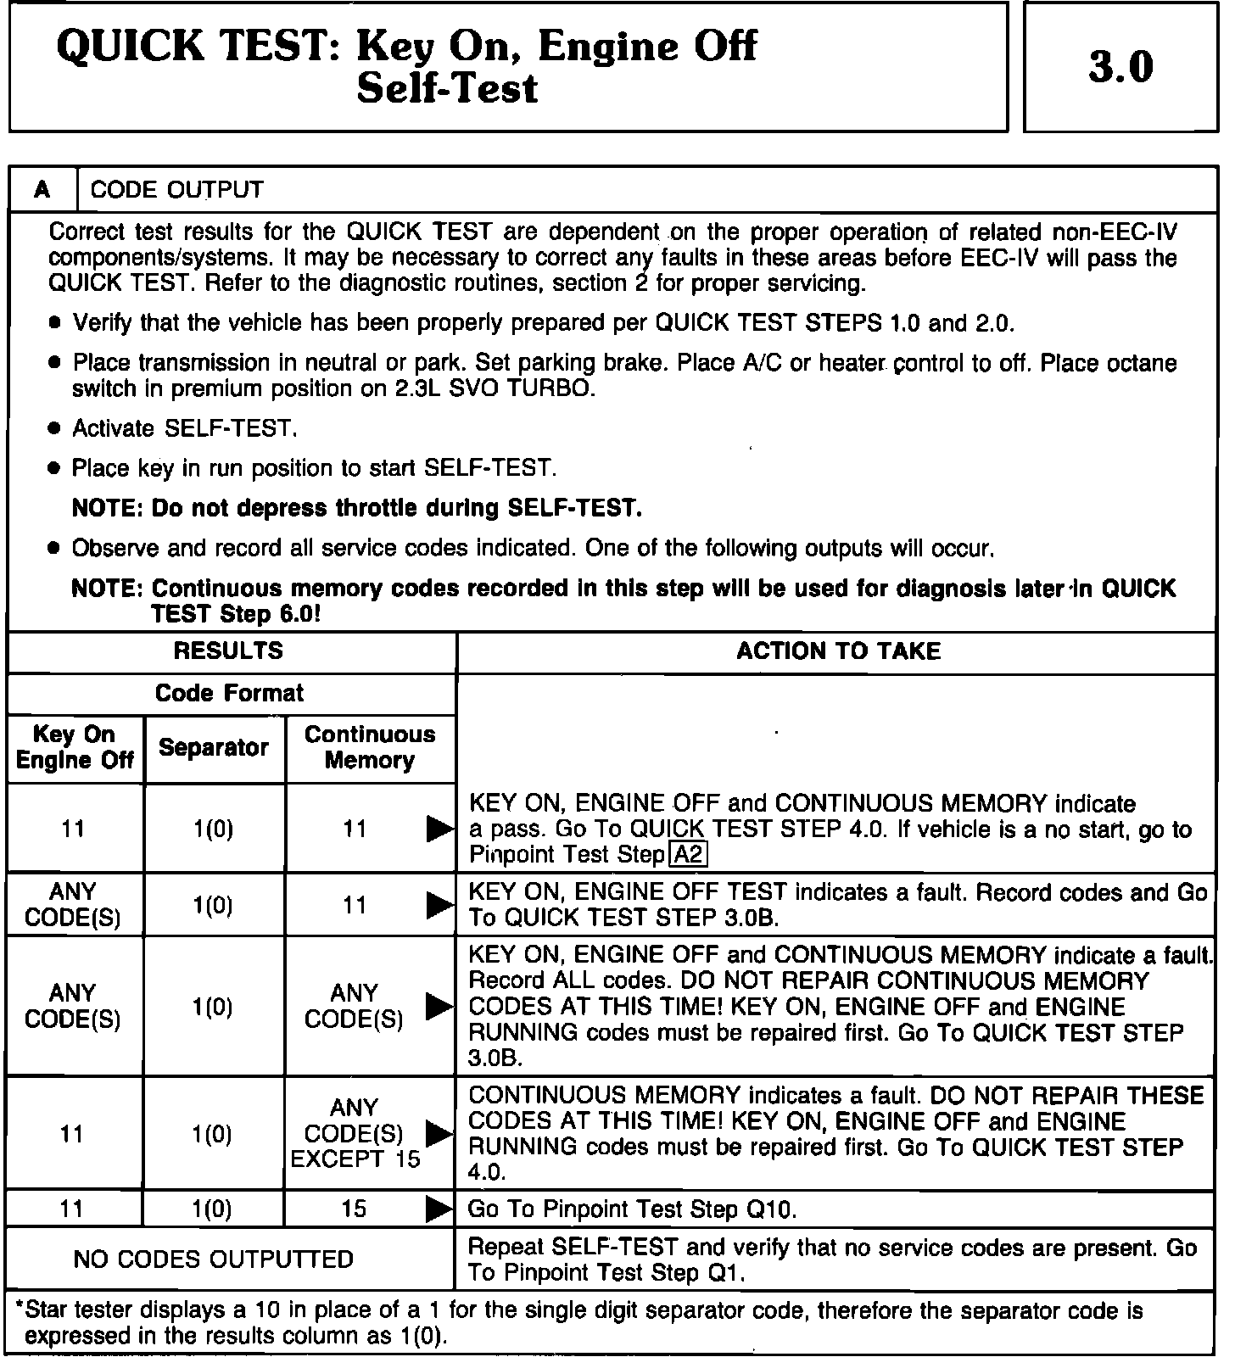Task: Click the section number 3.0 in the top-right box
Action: coord(1120,67)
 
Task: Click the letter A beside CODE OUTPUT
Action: coord(42,190)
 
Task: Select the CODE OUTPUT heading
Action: coord(176,190)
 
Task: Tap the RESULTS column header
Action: coord(228,651)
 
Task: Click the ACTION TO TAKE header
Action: coord(838,651)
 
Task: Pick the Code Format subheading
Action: coord(229,693)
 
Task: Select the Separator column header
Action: coord(214,748)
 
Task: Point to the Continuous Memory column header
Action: coord(369,747)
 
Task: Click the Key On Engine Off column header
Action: coord(75,747)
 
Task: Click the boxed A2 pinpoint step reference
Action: coord(688,855)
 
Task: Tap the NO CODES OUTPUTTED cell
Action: coord(214,1259)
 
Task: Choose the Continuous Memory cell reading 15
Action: coord(354,1209)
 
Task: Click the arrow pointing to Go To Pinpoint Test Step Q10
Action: coord(439,1209)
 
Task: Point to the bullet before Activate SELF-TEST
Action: coord(55,429)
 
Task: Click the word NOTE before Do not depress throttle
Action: coord(107,509)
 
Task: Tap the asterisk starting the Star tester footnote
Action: coord(20,1309)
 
